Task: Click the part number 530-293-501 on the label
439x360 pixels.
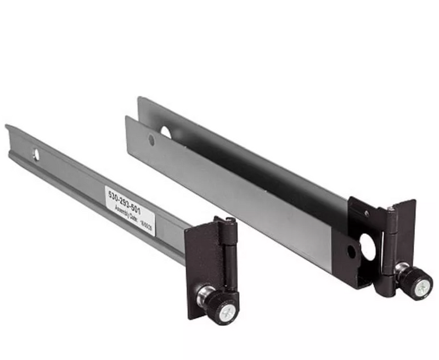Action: point(126,199)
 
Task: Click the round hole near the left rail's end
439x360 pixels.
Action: point(36,154)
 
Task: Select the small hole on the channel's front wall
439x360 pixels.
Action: point(151,140)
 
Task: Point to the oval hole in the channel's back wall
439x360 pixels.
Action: point(166,132)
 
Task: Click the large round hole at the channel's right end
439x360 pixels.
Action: point(368,247)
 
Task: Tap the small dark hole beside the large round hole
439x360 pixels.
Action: point(351,252)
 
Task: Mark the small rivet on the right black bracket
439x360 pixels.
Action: point(367,213)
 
